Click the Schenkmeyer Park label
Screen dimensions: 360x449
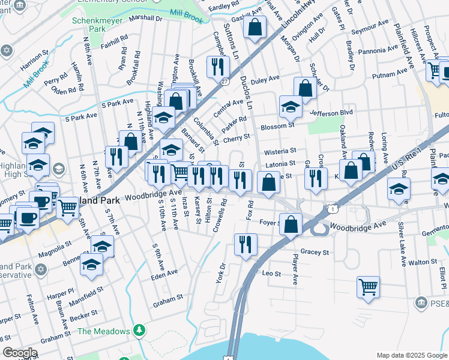coord(92,23)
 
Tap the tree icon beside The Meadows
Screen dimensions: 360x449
coord(139,331)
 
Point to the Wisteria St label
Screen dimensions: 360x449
coord(280,151)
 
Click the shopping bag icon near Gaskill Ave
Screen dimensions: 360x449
coord(255,27)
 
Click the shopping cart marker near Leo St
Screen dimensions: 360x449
coord(367,286)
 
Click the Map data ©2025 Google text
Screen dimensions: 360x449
coord(411,355)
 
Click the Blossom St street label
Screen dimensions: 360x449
coord(277,126)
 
